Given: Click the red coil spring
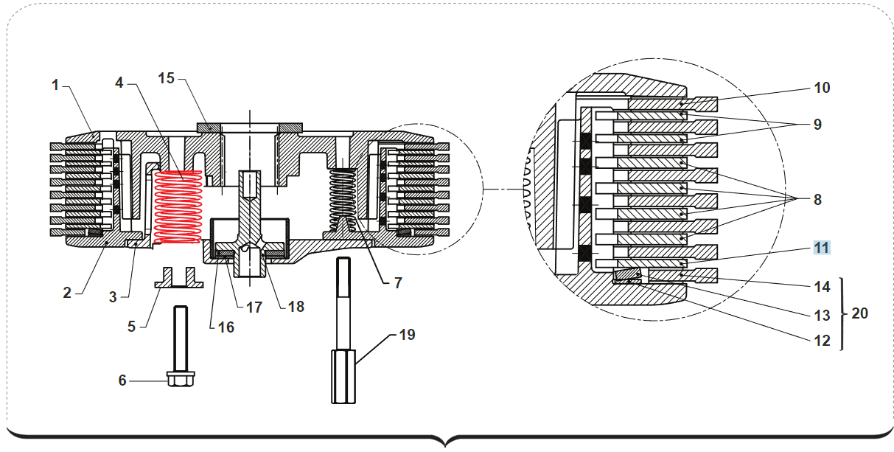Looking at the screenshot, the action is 178,207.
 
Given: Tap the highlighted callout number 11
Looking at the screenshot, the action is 822,248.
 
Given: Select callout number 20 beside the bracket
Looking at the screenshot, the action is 859,313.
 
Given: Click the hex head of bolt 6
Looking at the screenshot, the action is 181,379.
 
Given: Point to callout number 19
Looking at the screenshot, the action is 407,335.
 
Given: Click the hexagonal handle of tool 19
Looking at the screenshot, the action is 343,377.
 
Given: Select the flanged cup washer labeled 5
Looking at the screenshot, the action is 179,277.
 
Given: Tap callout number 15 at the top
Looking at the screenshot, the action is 166,78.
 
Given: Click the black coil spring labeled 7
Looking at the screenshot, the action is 343,200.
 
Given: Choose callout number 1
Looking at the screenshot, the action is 55,85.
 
